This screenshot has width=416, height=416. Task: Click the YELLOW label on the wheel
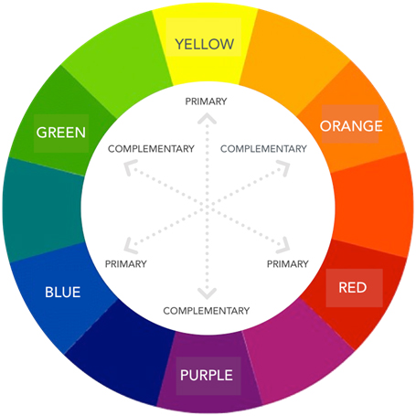pos(205,44)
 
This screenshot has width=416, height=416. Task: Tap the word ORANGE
pos(351,126)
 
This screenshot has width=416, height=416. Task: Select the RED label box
pos(353,287)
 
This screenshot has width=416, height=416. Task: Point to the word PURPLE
pos(207,375)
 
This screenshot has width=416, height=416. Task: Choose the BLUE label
pos(63,292)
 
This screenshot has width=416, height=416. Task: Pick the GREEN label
pos(61,133)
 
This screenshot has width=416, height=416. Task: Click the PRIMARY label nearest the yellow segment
pos(206,101)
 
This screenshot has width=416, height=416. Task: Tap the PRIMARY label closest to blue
pos(126,264)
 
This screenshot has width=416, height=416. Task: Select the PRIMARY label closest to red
pos(288,264)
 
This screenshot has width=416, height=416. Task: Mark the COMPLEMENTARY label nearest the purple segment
pos(207,311)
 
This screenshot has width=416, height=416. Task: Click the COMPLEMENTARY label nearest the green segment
pos(151,149)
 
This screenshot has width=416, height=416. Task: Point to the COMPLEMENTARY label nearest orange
pos(263,149)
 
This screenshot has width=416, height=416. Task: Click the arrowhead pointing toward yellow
pos(207,118)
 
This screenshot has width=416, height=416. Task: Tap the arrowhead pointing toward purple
pos(207,293)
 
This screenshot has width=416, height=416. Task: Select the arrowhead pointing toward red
pos(283,246)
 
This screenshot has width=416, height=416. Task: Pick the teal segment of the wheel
pos(43,209)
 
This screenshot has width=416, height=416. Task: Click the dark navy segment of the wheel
pos(122,350)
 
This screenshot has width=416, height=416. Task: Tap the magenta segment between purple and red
pos(297,350)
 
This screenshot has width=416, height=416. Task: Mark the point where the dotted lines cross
pos(207,207)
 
